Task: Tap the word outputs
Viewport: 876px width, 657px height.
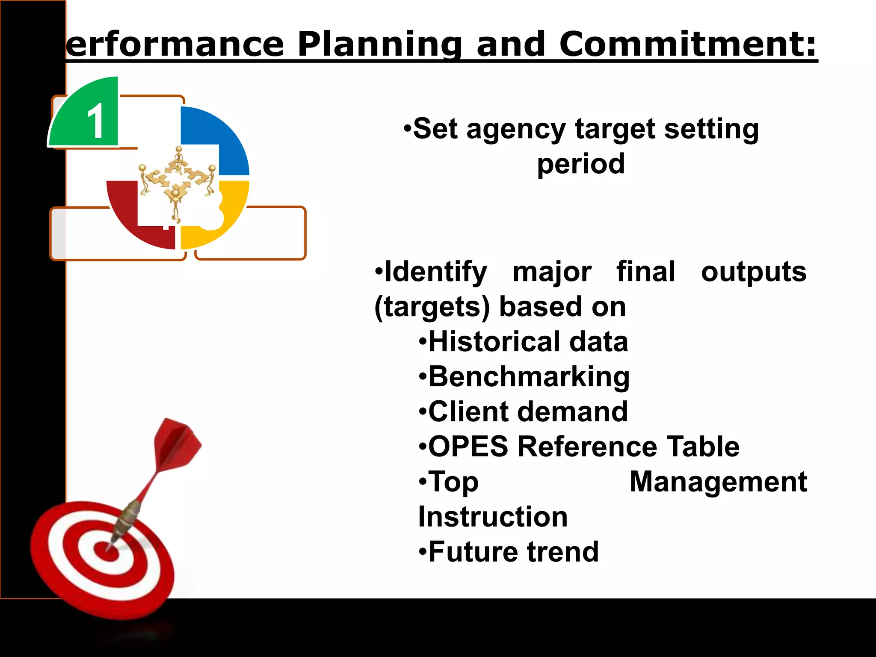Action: coord(753,272)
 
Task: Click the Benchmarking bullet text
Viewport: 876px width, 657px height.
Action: coord(528,377)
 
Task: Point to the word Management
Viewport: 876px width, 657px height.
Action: coord(718,482)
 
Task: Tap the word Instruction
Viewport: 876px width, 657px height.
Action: coord(493,517)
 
